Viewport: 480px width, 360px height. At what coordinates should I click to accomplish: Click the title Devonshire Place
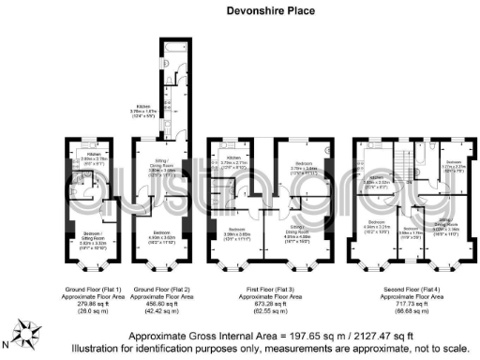coord(239,13)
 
